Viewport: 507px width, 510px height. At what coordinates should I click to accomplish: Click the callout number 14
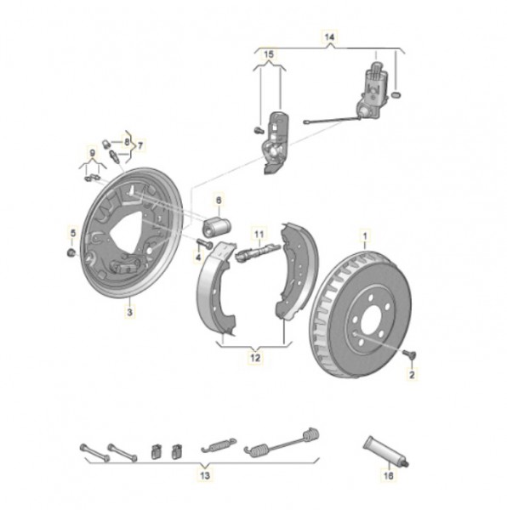click(329, 37)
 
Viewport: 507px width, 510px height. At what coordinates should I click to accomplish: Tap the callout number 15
click(269, 54)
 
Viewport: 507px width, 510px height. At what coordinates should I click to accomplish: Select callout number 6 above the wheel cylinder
click(219, 200)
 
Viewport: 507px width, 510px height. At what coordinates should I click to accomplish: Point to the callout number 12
click(255, 358)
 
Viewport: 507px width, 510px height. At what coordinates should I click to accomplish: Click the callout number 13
click(205, 476)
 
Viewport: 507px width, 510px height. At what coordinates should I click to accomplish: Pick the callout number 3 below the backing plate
click(130, 313)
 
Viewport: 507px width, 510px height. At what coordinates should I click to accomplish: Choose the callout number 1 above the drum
click(365, 235)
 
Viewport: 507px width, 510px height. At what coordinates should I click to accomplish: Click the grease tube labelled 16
click(386, 452)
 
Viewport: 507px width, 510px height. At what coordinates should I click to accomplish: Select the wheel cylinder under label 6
click(216, 226)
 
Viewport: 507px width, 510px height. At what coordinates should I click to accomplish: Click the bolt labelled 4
click(204, 243)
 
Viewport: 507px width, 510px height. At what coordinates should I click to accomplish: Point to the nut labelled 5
click(71, 252)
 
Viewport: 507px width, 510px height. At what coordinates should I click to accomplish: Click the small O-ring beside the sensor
click(396, 95)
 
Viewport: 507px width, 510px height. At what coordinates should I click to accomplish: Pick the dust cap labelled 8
click(105, 143)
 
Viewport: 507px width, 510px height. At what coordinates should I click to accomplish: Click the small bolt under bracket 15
click(258, 130)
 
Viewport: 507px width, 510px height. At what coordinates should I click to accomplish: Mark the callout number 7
click(140, 145)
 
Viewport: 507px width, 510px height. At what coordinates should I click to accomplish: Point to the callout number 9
click(93, 153)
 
